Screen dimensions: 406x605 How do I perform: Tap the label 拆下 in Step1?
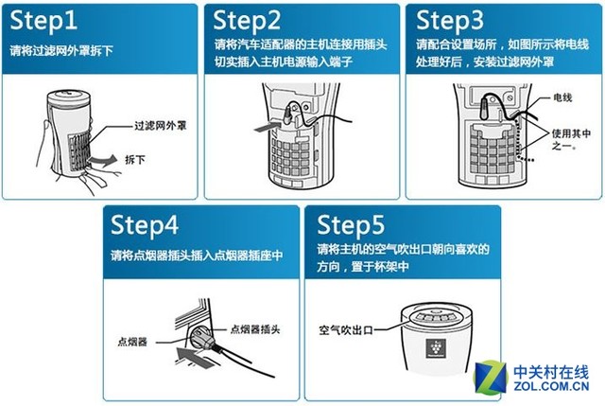[x=136, y=162]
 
